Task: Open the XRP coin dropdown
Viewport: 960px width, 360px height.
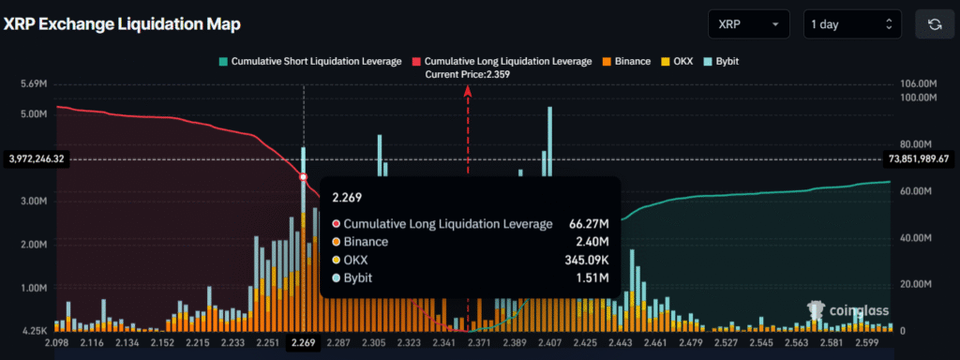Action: tap(749, 23)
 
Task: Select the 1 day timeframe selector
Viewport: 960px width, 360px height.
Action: tap(852, 23)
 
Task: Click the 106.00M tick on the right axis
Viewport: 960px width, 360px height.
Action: tap(916, 84)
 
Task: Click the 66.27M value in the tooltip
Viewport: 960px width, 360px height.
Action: tap(589, 224)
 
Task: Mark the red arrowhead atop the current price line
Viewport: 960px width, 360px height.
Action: tap(467, 89)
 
